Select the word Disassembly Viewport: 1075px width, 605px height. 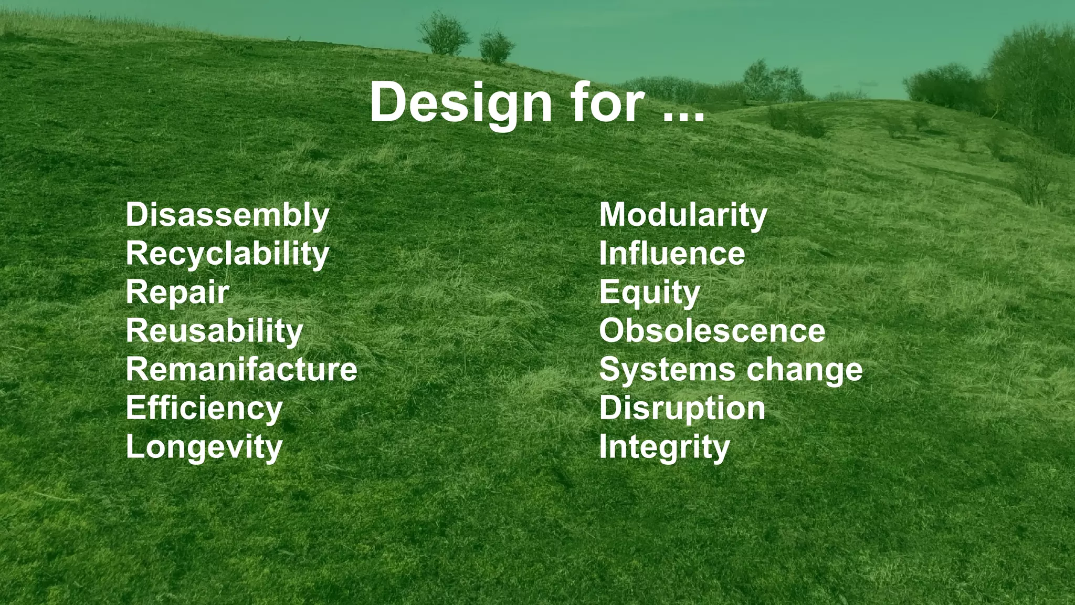click(227, 215)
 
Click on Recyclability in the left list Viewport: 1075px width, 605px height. click(227, 254)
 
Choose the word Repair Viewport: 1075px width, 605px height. click(177, 293)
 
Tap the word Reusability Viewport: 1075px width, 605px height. click(214, 331)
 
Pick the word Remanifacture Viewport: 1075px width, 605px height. click(241, 370)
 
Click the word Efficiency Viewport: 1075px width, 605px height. click(204, 409)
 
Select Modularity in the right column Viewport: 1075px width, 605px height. click(683, 215)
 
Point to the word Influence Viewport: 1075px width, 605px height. click(672, 254)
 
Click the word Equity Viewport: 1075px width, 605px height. click(649, 293)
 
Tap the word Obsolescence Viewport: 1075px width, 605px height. click(712, 331)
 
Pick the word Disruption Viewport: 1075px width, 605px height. click(682, 409)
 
